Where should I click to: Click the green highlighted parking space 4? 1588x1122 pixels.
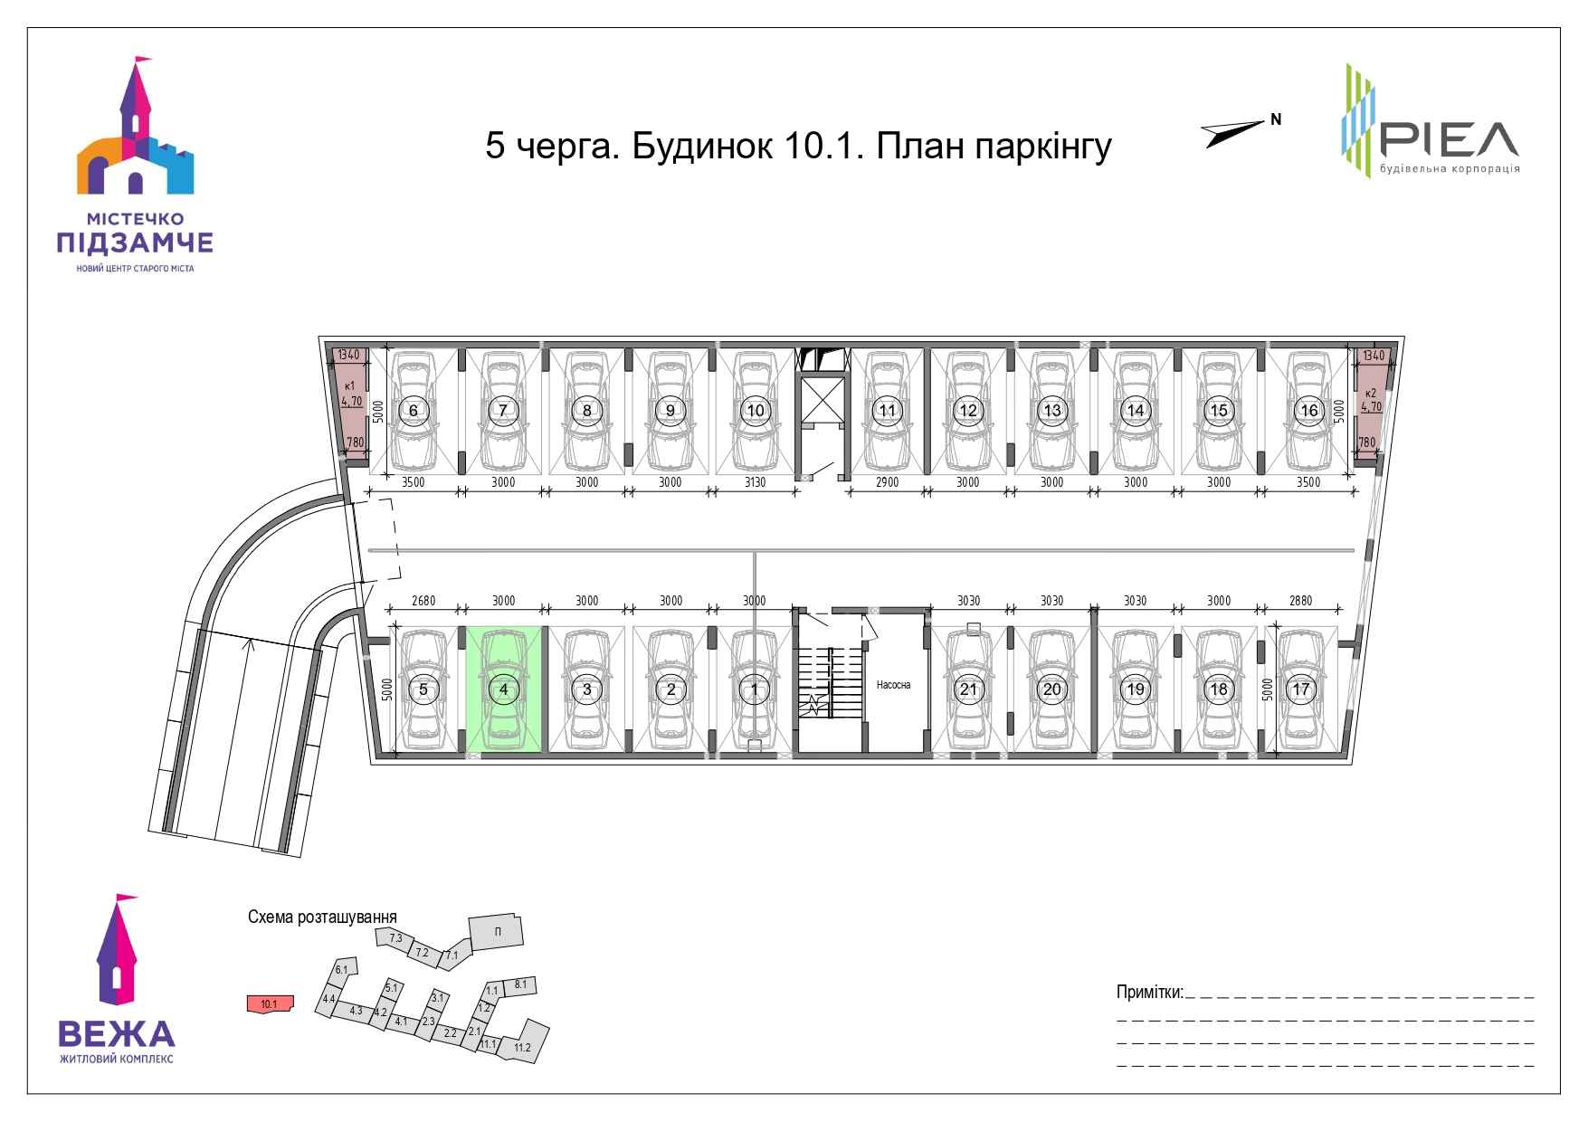point(504,689)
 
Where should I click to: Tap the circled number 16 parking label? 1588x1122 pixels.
point(1308,410)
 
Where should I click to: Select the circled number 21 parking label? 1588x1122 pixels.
point(968,689)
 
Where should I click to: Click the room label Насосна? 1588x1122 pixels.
point(893,685)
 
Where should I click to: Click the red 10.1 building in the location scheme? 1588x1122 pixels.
point(269,1003)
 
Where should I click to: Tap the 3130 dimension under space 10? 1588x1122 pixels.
point(755,482)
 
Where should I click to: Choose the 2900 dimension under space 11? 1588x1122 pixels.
point(888,482)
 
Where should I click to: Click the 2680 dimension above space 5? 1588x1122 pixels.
point(423,601)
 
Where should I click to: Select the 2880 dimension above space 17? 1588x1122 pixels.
point(1300,601)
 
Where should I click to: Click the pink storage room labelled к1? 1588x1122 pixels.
point(348,407)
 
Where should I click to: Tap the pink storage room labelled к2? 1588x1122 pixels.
point(1372,407)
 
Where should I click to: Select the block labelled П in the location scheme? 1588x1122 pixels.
point(496,932)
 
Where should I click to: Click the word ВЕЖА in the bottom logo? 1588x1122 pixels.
point(116,1033)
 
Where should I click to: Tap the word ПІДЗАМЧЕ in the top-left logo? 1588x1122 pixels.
point(135,242)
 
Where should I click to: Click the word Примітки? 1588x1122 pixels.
point(1150,993)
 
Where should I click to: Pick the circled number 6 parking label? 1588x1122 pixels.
point(414,410)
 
